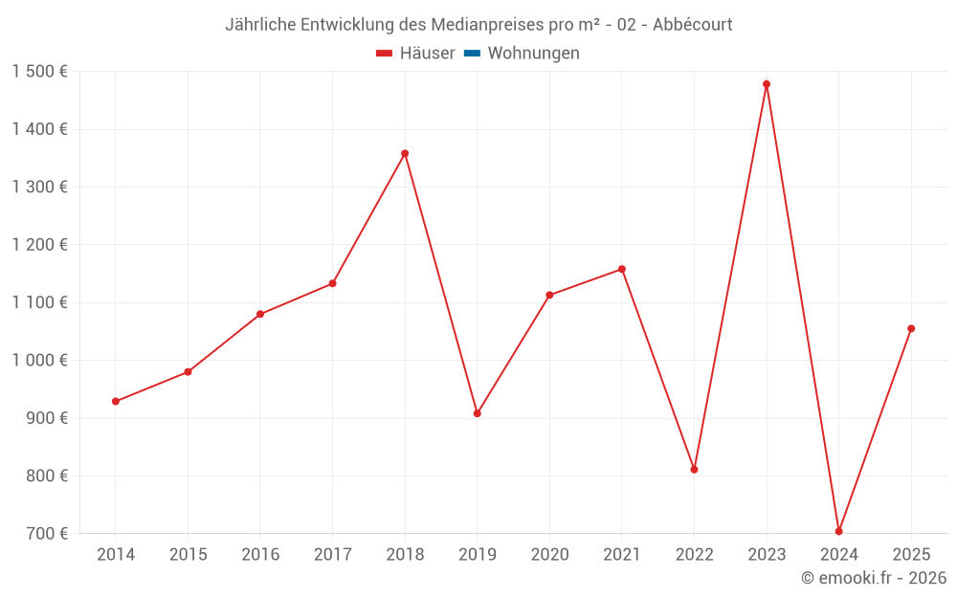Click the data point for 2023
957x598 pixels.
pos(767,84)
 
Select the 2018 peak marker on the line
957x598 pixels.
pos(405,153)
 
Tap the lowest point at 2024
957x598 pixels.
pos(838,531)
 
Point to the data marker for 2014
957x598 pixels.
pos(115,402)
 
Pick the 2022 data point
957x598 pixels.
pos(694,469)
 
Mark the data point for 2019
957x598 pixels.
pos(477,413)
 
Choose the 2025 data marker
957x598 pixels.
pos(911,328)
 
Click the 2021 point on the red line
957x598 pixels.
pos(622,269)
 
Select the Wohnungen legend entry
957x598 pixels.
pos(533,54)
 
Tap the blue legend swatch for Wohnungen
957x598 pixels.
pos(472,54)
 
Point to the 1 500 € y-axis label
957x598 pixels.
pos(39,72)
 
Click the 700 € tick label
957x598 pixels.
pos(46,534)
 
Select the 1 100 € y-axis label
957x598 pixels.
pos(39,302)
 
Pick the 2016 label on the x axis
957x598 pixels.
pos(260,554)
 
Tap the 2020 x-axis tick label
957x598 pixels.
pos(549,554)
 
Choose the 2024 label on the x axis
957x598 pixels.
pos(838,554)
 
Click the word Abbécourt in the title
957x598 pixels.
pos(693,25)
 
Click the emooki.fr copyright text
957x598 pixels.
pos(874,578)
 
